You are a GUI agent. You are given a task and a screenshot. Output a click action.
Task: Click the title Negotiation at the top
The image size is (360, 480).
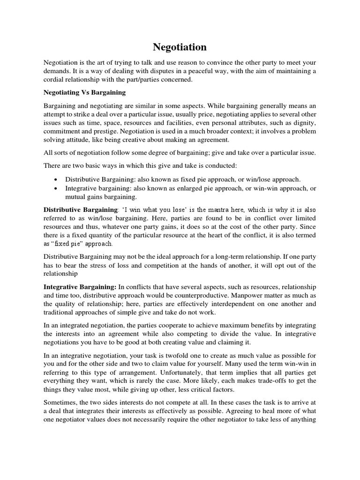[x=180, y=47]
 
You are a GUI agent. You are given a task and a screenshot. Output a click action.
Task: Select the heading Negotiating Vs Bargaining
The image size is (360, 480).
[x=84, y=92]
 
